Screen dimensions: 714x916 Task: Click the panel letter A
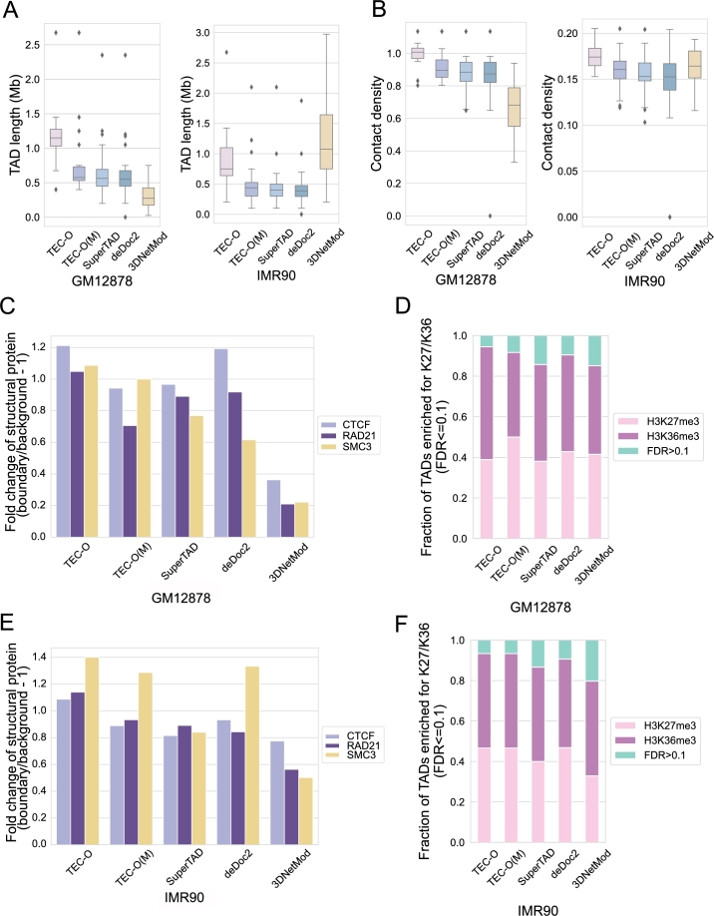tap(11, 11)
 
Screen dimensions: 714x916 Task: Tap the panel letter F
tap(402, 624)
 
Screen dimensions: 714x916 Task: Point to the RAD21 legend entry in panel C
tap(349, 436)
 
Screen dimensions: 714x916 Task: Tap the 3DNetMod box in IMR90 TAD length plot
tap(326, 142)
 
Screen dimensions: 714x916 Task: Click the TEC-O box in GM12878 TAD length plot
tap(56, 138)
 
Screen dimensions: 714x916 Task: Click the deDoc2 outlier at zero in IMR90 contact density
tap(670, 217)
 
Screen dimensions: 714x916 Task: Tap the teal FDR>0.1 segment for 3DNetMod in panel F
tap(592, 661)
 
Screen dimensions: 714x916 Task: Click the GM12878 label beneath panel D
tap(540, 607)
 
